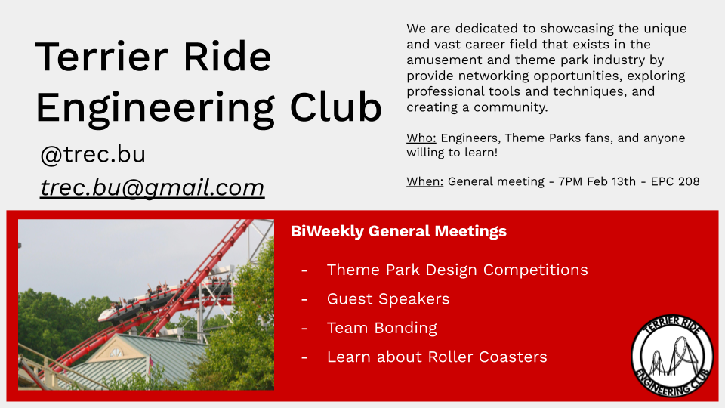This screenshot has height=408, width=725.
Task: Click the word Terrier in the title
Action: click(x=101, y=57)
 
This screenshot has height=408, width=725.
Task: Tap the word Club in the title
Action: click(x=335, y=107)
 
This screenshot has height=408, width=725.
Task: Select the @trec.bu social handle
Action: click(x=93, y=154)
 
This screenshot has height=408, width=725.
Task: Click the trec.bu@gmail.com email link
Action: click(x=152, y=188)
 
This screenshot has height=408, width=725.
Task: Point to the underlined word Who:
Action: click(x=421, y=138)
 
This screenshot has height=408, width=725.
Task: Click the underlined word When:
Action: click(x=425, y=181)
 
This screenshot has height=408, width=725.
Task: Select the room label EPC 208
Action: click(x=675, y=181)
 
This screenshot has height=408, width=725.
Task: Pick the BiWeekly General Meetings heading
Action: click(x=399, y=231)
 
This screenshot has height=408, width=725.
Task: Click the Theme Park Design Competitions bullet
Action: click(x=458, y=270)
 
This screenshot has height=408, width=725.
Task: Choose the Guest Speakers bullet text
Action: click(x=388, y=299)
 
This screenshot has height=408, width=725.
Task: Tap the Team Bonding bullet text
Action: click(x=382, y=328)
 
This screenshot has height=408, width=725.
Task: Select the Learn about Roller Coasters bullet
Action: click(x=437, y=357)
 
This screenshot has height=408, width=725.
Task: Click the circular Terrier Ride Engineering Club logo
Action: click(x=672, y=356)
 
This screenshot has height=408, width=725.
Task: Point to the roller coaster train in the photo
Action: click(x=164, y=299)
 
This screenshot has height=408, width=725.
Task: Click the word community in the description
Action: click(x=511, y=107)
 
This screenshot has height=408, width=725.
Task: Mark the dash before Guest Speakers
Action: click(x=304, y=300)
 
